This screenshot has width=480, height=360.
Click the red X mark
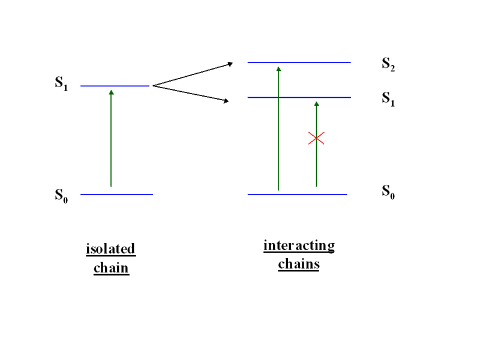[x=316, y=138]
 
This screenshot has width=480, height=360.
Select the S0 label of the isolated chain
[x=61, y=196]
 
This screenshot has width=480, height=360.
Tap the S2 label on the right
[x=388, y=64]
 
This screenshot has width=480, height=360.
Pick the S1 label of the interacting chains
[x=388, y=100]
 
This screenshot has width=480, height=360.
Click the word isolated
[x=110, y=249]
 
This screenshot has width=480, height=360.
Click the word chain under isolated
[x=111, y=268]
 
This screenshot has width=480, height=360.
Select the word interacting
[x=299, y=246]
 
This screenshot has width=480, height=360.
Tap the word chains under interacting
[x=298, y=264]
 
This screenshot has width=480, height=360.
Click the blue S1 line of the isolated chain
[x=115, y=86]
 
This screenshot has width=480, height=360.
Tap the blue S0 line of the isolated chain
[x=116, y=194]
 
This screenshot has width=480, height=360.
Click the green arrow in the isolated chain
[x=111, y=138]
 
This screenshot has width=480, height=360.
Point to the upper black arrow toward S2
[x=192, y=74]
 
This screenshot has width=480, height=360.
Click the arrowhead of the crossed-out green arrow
[x=316, y=104]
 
